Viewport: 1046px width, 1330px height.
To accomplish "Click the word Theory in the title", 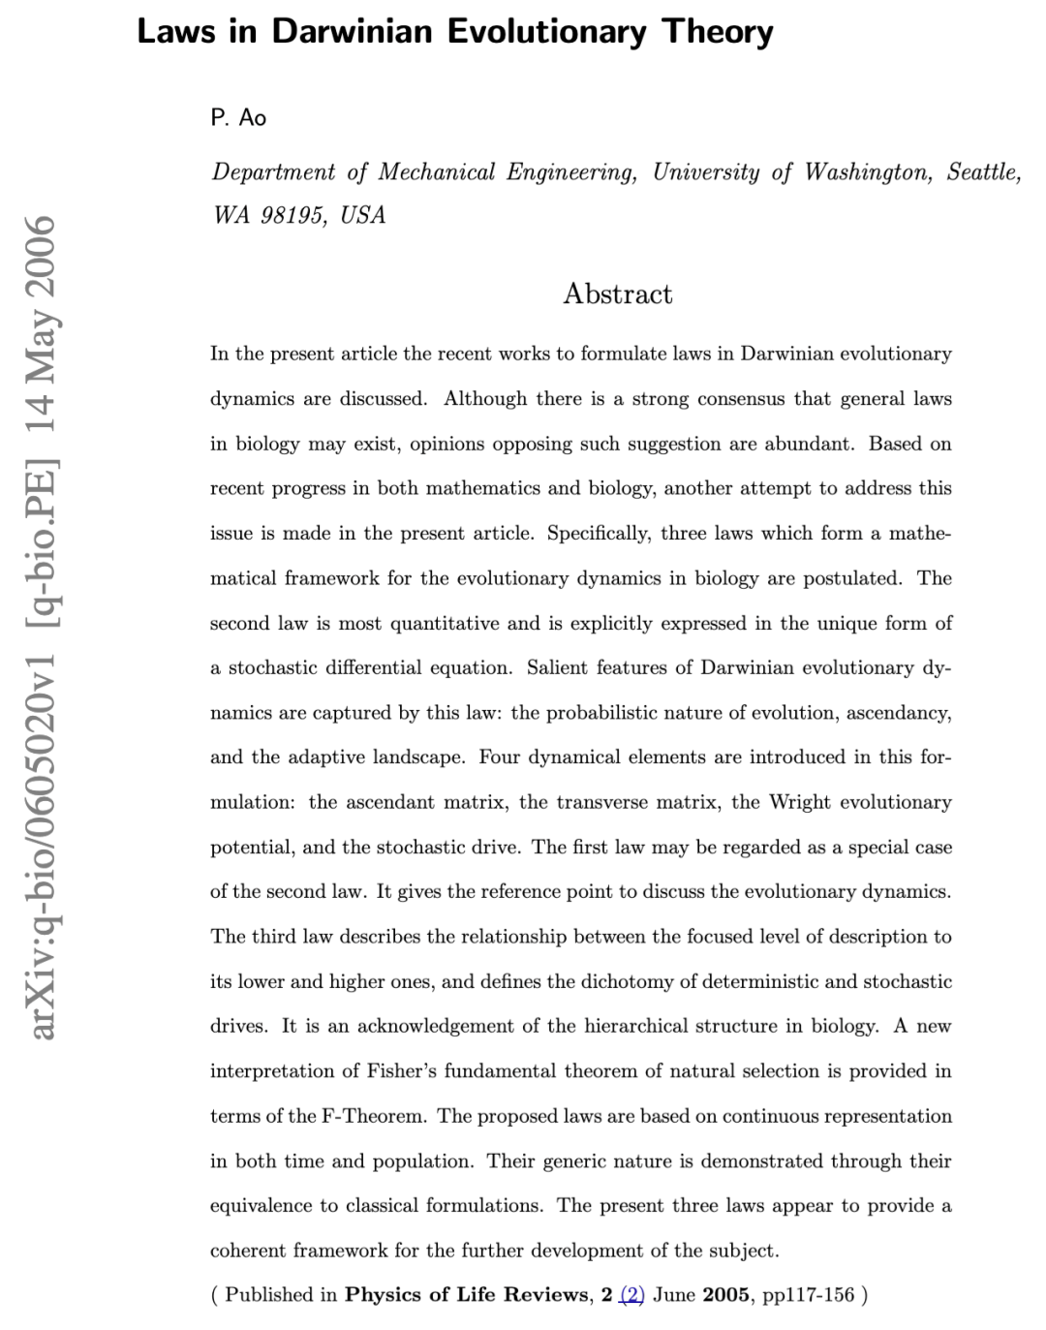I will tap(718, 32).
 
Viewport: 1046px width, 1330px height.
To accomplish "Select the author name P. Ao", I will tap(238, 118).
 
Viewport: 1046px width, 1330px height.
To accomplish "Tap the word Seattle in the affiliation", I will tap(983, 172).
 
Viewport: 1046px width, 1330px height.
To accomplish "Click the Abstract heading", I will tap(617, 294).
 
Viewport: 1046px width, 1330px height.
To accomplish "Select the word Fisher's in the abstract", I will tap(404, 1071).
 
